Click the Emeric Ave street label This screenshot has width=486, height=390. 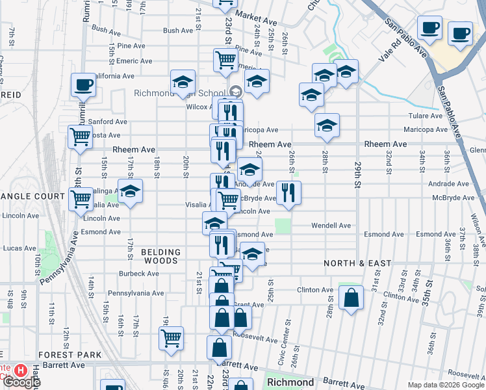click(134, 61)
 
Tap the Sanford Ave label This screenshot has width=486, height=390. click(108, 122)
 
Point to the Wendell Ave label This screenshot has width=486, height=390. click(331, 226)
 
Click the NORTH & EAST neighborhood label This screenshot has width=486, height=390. click(358, 263)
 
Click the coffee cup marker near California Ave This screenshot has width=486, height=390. click(83, 84)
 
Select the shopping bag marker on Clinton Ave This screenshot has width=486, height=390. click(351, 298)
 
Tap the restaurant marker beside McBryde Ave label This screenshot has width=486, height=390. click(288, 192)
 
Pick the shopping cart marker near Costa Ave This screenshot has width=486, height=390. click(80, 138)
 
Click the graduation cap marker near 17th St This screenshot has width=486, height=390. click(130, 192)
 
